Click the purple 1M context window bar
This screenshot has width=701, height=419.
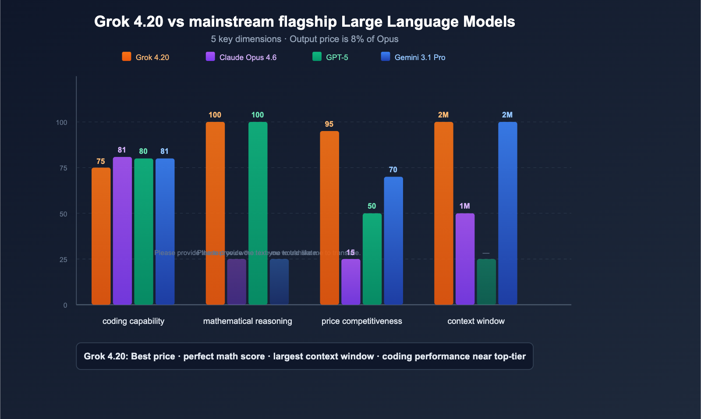pos(465,259)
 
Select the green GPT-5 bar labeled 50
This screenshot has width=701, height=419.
pos(372,259)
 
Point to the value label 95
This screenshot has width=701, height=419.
pos(329,124)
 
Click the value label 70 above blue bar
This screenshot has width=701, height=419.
pos(393,170)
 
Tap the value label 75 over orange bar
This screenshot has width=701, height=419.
pos(101,161)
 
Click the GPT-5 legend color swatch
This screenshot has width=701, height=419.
pos(317,57)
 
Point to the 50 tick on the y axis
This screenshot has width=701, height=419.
pos(64,214)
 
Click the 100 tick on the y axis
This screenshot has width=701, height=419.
pos(62,122)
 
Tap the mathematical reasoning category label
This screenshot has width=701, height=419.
pos(248,321)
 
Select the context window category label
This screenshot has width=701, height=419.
pos(476,321)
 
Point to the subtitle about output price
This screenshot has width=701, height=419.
pos(304,39)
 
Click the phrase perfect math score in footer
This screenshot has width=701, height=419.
pos(224,356)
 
